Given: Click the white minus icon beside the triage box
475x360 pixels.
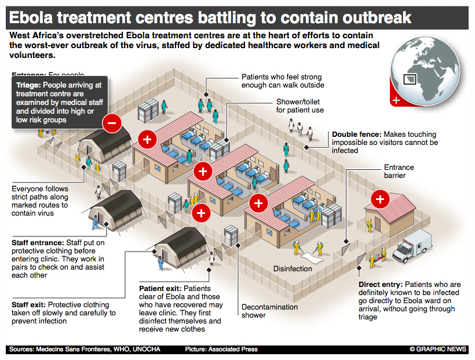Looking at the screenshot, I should point(111,122).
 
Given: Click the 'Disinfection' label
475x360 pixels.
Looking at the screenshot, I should point(293,268).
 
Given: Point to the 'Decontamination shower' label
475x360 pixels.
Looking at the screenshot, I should point(269,311).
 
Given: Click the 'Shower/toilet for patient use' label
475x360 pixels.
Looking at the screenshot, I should point(299,106).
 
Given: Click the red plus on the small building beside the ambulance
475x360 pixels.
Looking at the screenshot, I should point(381,200).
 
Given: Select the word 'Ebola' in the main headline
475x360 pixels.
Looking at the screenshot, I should point(35,16).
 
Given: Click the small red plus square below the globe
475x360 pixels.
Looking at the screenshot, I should point(396,100).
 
